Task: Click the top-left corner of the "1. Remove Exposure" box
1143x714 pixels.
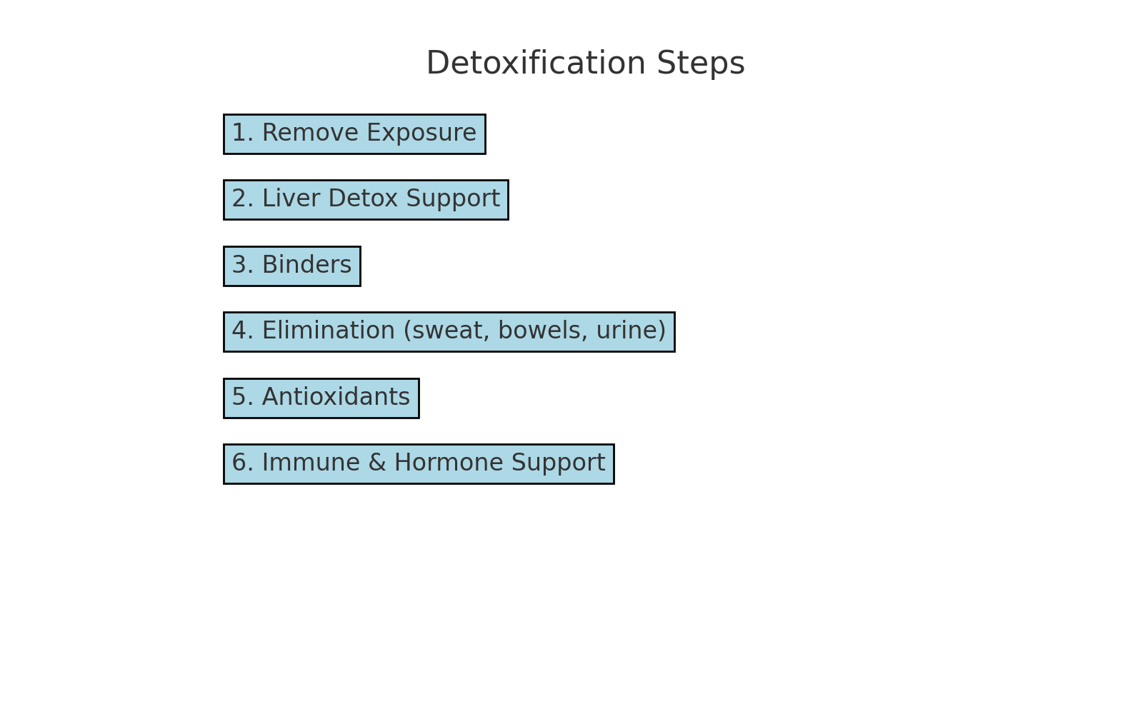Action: (224, 115)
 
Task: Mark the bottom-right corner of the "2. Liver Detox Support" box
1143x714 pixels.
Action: (508, 219)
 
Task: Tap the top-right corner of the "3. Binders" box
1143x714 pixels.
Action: (360, 247)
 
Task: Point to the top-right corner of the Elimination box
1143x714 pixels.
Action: (674, 313)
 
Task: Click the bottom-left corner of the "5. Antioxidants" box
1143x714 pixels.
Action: (224, 418)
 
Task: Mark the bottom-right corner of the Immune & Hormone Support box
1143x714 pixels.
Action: (614, 483)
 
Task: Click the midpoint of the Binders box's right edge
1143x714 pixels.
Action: (360, 266)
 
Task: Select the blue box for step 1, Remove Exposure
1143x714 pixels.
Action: (354, 134)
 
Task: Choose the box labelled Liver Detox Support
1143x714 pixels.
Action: (366, 200)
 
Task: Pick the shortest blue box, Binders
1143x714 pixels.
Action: (292, 266)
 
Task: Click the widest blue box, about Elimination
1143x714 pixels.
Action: (449, 332)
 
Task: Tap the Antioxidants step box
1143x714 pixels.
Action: (321, 398)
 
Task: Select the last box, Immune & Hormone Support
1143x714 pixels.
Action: (419, 464)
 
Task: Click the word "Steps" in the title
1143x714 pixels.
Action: (701, 64)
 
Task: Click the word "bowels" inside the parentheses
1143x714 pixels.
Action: (540, 331)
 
